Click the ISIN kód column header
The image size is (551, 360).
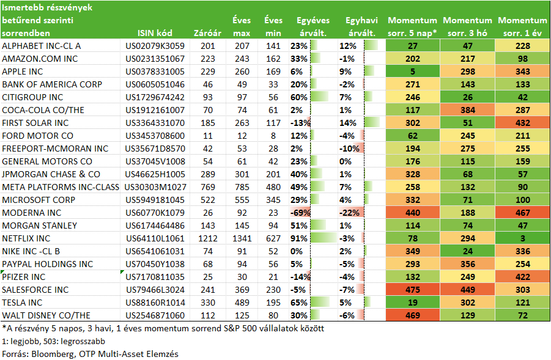pyautogui.click(x=155, y=33)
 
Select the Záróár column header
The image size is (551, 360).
pyautogui.click(x=207, y=33)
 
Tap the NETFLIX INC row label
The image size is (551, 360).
pyautogui.click(x=26, y=238)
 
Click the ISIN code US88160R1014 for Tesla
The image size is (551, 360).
pyautogui.click(x=155, y=303)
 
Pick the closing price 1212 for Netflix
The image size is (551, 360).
pyautogui.click(x=208, y=238)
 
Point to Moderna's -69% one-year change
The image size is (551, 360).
pyautogui.click(x=300, y=213)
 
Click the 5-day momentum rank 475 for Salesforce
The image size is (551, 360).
pyautogui.click(x=413, y=290)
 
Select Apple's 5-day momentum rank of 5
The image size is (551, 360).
pyautogui.click(x=413, y=72)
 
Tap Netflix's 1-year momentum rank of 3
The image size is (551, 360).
pyautogui.click(x=522, y=238)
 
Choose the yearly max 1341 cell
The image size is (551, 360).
pyautogui.click(x=242, y=238)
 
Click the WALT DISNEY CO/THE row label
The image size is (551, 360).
pyautogui.click(x=46, y=315)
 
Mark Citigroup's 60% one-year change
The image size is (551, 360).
pyautogui.click(x=299, y=97)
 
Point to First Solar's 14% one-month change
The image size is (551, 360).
pyautogui.click(x=348, y=123)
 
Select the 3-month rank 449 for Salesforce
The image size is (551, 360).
pyautogui.click(x=468, y=290)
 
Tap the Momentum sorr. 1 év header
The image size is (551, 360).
pyautogui.click(x=522, y=27)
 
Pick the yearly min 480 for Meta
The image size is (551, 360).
pyautogui.click(x=273, y=187)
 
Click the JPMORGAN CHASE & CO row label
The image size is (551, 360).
pyautogui.click(x=51, y=174)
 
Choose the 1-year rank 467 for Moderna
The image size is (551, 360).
pyautogui.click(x=522, y=213)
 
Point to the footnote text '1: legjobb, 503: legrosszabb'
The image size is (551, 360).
pyautogui.click(x=53, y=341)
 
